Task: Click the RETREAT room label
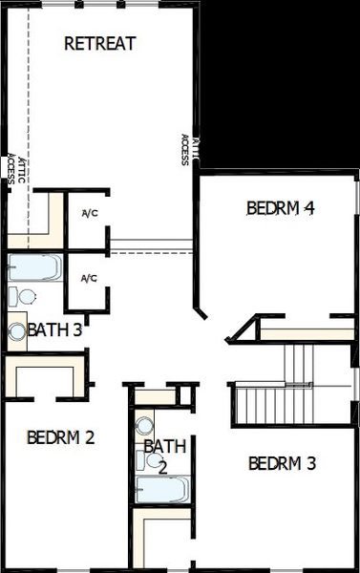coord(99,43)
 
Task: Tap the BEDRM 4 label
coord(280,207)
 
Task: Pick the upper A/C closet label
coord(90,213)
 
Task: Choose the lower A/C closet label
coord(89,278)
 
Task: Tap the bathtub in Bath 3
coord(33,266)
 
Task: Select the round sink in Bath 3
coord(18,332)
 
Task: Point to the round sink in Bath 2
coord(145,425)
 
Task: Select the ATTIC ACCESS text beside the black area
coord(189,150)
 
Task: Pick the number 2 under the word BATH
coord(162,467)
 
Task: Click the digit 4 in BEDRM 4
coord(308,207)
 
